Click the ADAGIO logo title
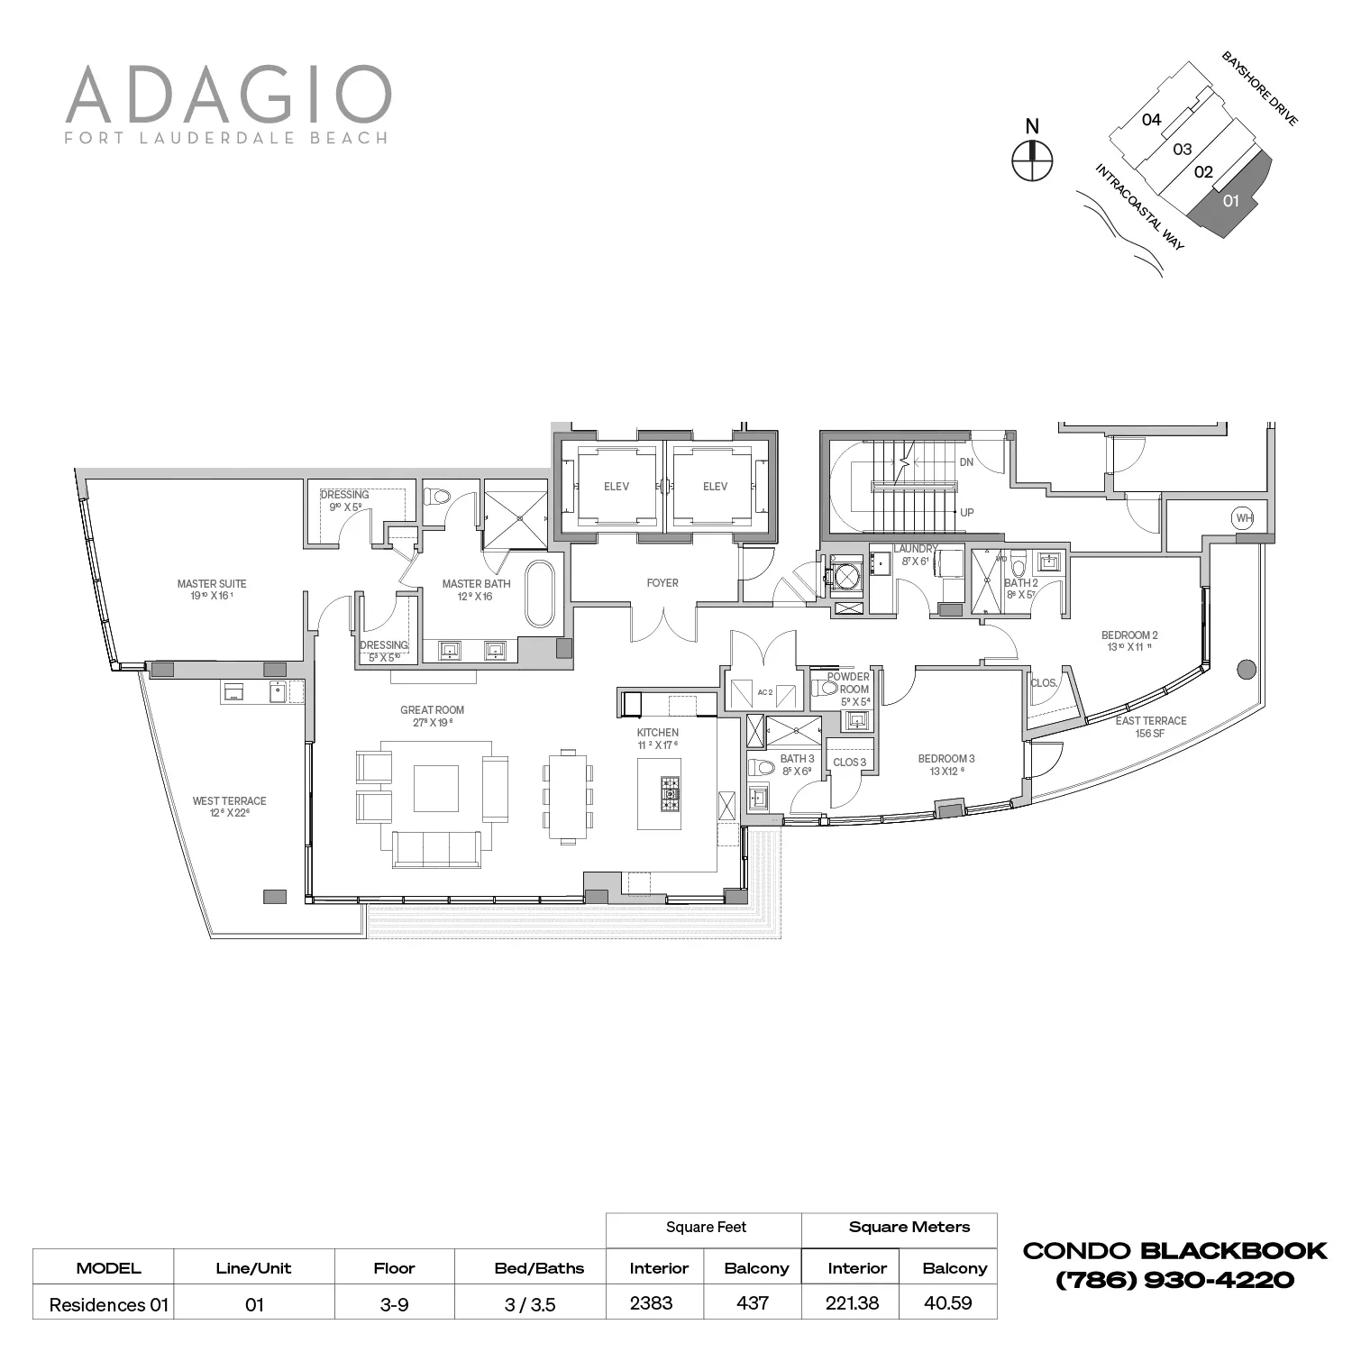[x=228, y=94]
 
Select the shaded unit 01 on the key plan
[x=1231, y=201]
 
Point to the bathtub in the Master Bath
[x=541, y=593]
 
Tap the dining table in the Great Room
[x=568, y=796]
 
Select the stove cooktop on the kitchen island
[x=671, y=794]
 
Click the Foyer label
[x=662, y=583]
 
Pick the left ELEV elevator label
[x=617, y=487]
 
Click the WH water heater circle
[x=1244, y=518]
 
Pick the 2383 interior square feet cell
[x=652, y=1303]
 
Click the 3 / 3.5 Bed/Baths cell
[x=537, y=1304]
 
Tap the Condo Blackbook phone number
[x=1174, y=1280]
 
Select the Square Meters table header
[x=909, y=1227]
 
